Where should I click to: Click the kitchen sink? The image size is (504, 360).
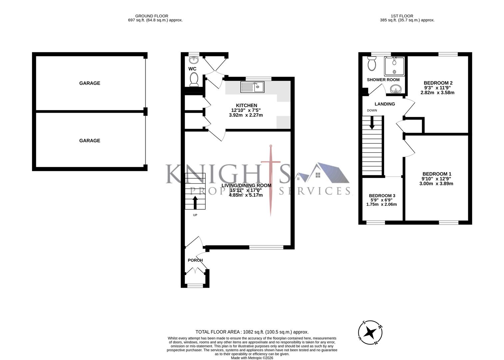(x=252, y=87)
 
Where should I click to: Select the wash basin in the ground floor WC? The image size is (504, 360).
(x=194, y=60)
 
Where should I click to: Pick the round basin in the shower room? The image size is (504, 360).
(x=395, y=89)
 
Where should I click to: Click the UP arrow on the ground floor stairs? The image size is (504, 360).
(x=195, y=202)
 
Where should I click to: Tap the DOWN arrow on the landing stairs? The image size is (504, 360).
(x=372, y=123)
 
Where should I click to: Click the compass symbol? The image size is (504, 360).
(x=370, y=332)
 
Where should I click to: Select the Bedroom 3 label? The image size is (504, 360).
(x=382, y=196)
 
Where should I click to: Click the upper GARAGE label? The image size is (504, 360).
(x=90, y=83)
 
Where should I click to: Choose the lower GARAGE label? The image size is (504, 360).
(x=90, y=141)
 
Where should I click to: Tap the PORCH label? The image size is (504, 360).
(x=195, y=260)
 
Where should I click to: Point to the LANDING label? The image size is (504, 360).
(x=385, y=104)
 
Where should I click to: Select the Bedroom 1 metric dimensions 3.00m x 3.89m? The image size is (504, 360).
(x=437, y=184)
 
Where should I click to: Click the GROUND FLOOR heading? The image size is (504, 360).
(x=152, y=16)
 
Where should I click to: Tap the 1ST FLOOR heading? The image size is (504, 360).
(x=402, y=16)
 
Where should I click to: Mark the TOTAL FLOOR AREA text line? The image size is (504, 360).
(x=252, y=332)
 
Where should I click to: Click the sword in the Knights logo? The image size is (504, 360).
(x=271, y=180)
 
